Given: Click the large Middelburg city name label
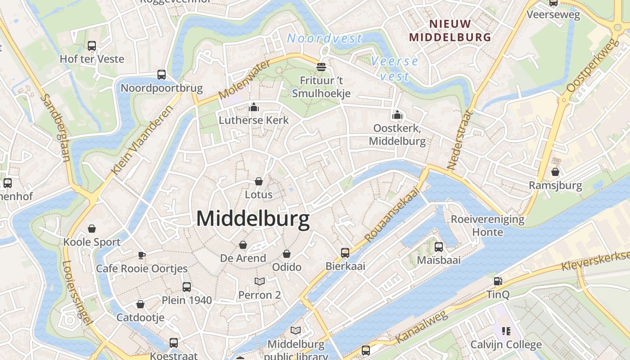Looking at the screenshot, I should [x=253, y=219].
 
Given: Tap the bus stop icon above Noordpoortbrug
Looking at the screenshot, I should [x=162, y=75].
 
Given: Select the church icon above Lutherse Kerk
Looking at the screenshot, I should [x=254, y=107].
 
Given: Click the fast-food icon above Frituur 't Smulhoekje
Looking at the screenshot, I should [x=321, y=67].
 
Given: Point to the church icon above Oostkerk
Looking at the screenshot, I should [x=397, y=115].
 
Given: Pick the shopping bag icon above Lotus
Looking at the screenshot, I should [x=259, y=181].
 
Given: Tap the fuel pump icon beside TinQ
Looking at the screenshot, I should [x=498, y=281].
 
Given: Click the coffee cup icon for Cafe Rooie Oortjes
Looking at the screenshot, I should [x=142, y=256].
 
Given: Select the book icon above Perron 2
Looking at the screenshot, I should [x=260, y=282].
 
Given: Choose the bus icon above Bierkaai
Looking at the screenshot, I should [x=345, y=252].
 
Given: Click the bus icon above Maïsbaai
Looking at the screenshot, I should [x=439, y=247].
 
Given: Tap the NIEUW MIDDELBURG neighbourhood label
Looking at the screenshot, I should [x=450, y=31].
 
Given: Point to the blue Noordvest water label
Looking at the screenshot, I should [x=324, y=39].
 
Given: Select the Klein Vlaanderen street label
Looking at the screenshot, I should [x=142, y=140].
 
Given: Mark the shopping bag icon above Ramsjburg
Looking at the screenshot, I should [x=555, y=172].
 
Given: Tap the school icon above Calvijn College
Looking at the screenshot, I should [x=506, y=331].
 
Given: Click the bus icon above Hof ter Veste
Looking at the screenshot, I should [x=92, y=45].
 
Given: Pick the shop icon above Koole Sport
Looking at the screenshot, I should [x=92, y=229].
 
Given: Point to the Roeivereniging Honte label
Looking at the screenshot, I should [x=488, y=226].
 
